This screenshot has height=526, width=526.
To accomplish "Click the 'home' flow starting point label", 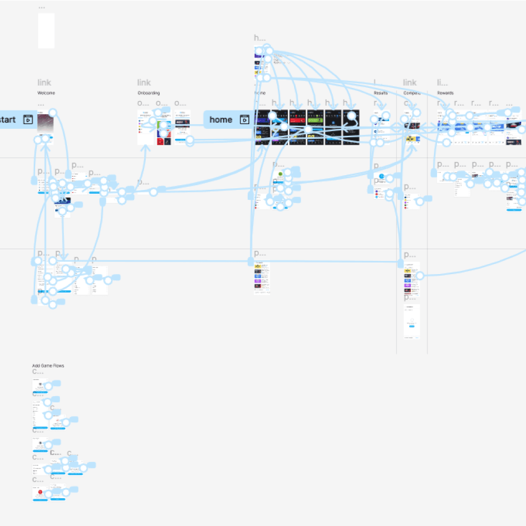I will pyautogui.click(x=220, y=120).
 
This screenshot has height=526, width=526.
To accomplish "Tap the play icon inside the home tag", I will pyautogui.click(x=245, y=120).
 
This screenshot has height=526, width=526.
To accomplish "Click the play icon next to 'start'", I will pyautogui.click(x=28, y=120).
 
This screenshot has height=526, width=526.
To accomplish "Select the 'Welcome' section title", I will pyautogui.click(x=46, y=93).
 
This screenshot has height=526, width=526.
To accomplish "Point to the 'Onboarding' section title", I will pyautogui.click(x=148, y=93).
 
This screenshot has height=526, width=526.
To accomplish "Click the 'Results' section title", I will pyautogui.click(x=380, y=93).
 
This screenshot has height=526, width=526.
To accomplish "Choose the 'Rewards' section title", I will pyautogui.click(x=445, y=93).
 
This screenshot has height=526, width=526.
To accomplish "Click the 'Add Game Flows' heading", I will pyautogui.click(x=48, y=366).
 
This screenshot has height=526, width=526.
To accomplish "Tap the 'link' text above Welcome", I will pyautogui.click(x=44, y=83).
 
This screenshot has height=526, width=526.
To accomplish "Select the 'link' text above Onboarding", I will pyautogui.click(x=144, y=83).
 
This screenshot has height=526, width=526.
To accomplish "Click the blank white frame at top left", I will pyautogui.click(x=46, y=31).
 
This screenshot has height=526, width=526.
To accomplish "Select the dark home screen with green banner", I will pyautogui.click(x=315, y=128).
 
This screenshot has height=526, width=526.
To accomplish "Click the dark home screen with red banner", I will pyautogui.click(x=298, y=128).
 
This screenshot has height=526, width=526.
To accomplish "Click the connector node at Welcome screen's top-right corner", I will pyautogui.click(x=53, y=112).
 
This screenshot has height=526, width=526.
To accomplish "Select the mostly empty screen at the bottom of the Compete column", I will pyautogui.click(x=412, y=321).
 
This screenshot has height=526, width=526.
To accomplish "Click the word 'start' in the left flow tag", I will pyautogui.click(x=7, y=120).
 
